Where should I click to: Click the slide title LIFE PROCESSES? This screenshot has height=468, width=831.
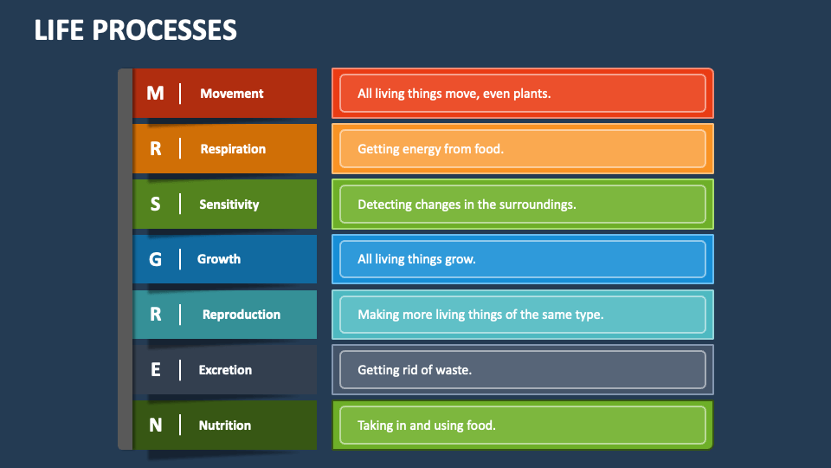[136, 30]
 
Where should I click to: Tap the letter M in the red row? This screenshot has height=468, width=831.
[155, 94]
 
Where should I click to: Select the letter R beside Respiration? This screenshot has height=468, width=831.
[156, 149]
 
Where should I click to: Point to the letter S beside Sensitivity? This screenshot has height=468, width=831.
[156, 205]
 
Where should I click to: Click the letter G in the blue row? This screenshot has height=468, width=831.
[156, 259]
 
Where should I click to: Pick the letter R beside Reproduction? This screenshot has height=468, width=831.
[156, 315]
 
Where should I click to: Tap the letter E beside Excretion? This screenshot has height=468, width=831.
[156, 370]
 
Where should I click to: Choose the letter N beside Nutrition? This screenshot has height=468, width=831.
[156, 426]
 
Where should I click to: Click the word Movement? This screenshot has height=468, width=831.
[232, 94]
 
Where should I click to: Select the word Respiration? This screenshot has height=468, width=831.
[233, 149]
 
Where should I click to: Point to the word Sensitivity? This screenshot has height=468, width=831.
[229, 205]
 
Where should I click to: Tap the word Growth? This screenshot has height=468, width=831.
[219, 259]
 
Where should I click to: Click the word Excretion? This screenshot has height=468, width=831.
[225, 370]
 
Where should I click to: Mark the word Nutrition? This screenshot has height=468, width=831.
[225, 426]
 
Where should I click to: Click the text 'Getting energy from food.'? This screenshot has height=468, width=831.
[430, 149]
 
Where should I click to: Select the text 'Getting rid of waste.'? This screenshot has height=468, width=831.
[415, 370]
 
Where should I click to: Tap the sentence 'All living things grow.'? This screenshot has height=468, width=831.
[416, 259]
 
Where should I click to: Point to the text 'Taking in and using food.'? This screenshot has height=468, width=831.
[427, 426]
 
